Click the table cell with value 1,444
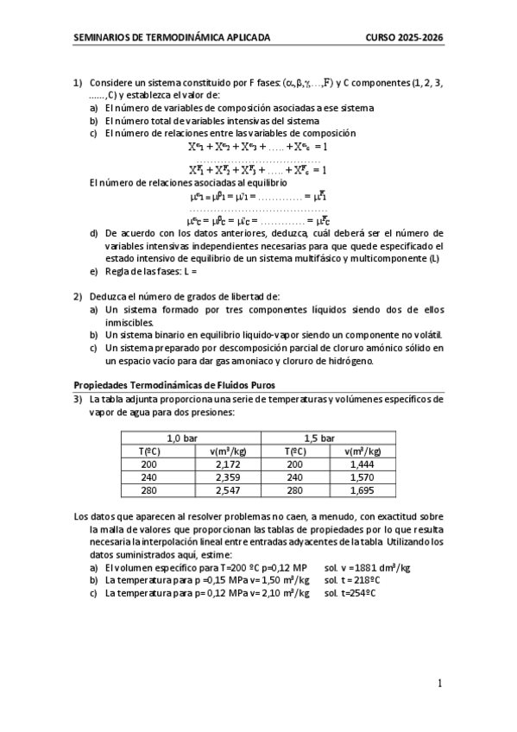362,464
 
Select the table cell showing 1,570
362,476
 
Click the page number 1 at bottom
439,684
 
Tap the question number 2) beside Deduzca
78,296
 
